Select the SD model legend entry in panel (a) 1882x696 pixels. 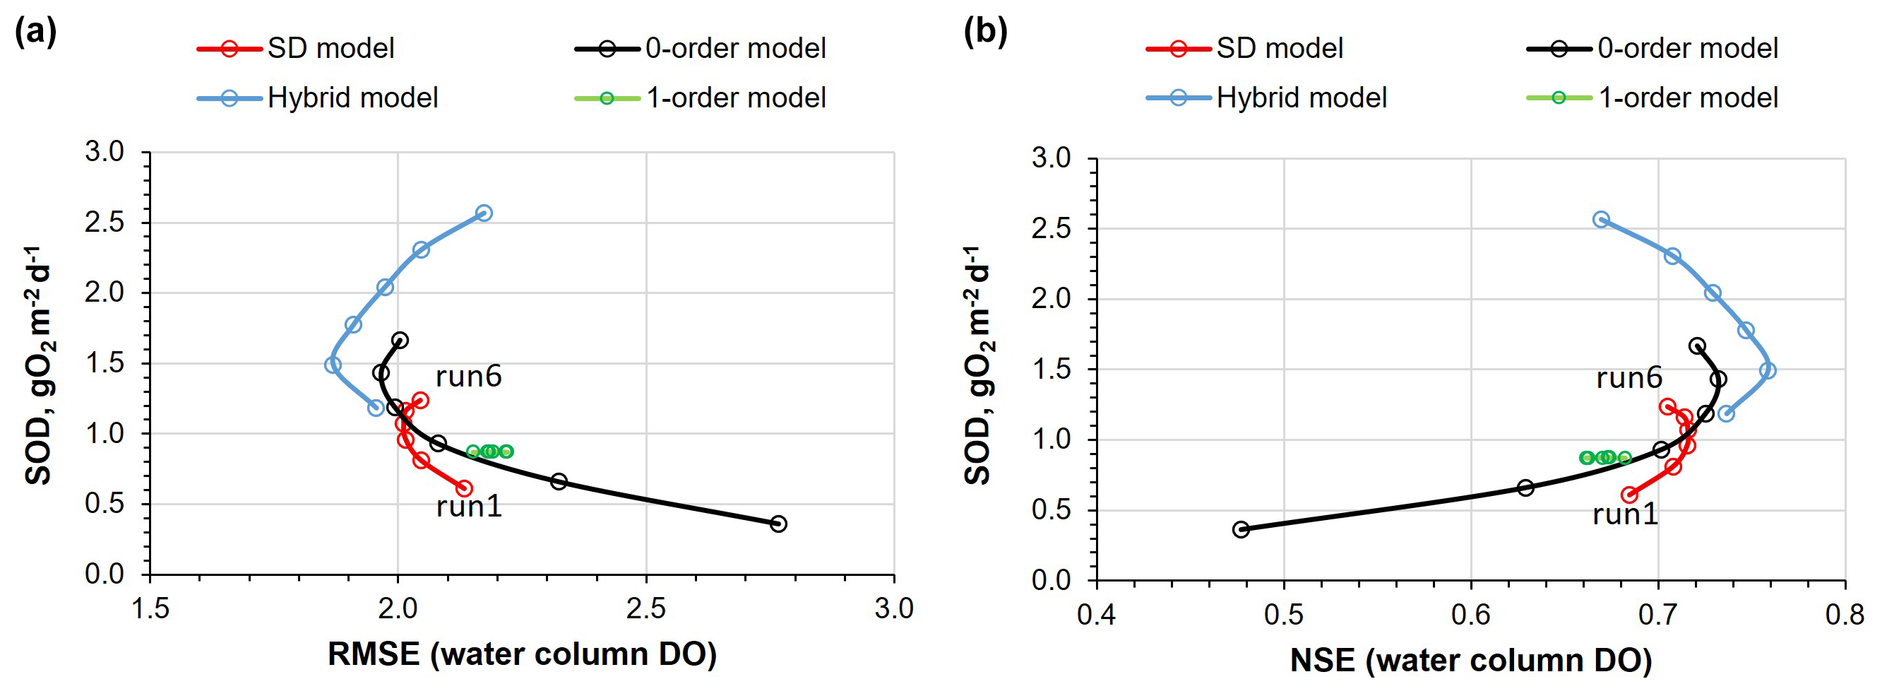click(296, 49)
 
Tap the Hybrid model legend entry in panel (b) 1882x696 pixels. click(1266, 98)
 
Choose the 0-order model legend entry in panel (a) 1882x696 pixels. click(701, 49)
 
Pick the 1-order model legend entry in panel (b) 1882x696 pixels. click(1652, 98)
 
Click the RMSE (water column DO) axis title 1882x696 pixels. click(523, 654)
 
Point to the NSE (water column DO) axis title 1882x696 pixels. click(1471, 660)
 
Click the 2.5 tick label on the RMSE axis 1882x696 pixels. click(646, 609)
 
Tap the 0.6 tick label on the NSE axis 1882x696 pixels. click(1471, 615)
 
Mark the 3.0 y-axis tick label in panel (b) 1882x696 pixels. click(1051, 158)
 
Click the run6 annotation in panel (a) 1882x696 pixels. click(468, 377)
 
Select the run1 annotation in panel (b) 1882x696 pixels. click(1626, 514)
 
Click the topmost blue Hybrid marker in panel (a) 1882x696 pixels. click(484, 213)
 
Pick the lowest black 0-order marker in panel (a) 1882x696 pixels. click(779, 524)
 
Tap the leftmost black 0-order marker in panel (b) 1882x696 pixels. click(1241, 529)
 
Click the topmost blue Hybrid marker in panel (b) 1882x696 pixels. click(1602, 219)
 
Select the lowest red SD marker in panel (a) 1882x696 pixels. click(464, 488)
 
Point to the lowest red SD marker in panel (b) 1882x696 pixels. click(1629, 495)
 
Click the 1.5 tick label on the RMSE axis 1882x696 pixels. click(150, 609)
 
